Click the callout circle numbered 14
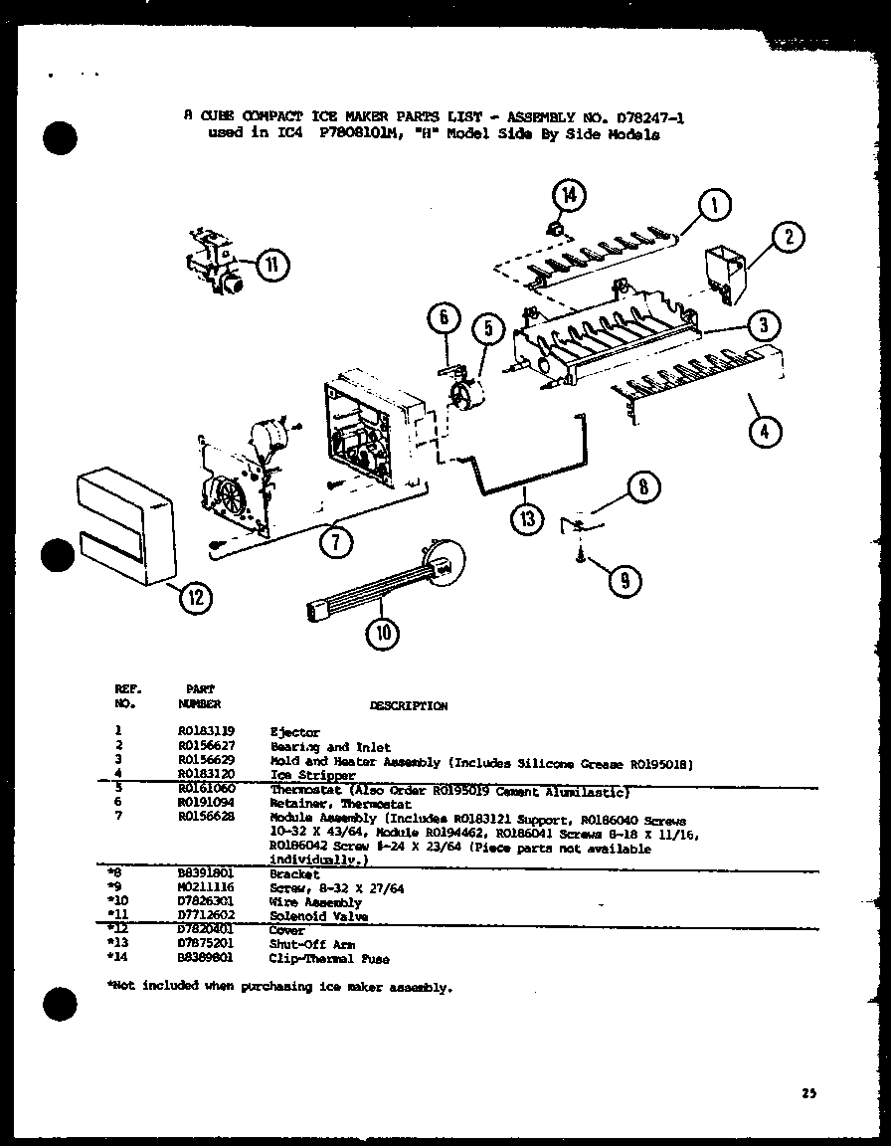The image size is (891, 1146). coord(568,196)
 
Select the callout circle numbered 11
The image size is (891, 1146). coord(270,265)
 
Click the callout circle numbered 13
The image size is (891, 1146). coord(527,517)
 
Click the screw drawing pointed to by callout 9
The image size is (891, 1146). coord(579,559)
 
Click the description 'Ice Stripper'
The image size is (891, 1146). coord(312,775)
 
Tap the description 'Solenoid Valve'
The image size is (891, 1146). coord(318,916)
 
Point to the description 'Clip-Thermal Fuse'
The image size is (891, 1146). coord(329,959)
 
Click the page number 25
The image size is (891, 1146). coord(807,1093)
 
